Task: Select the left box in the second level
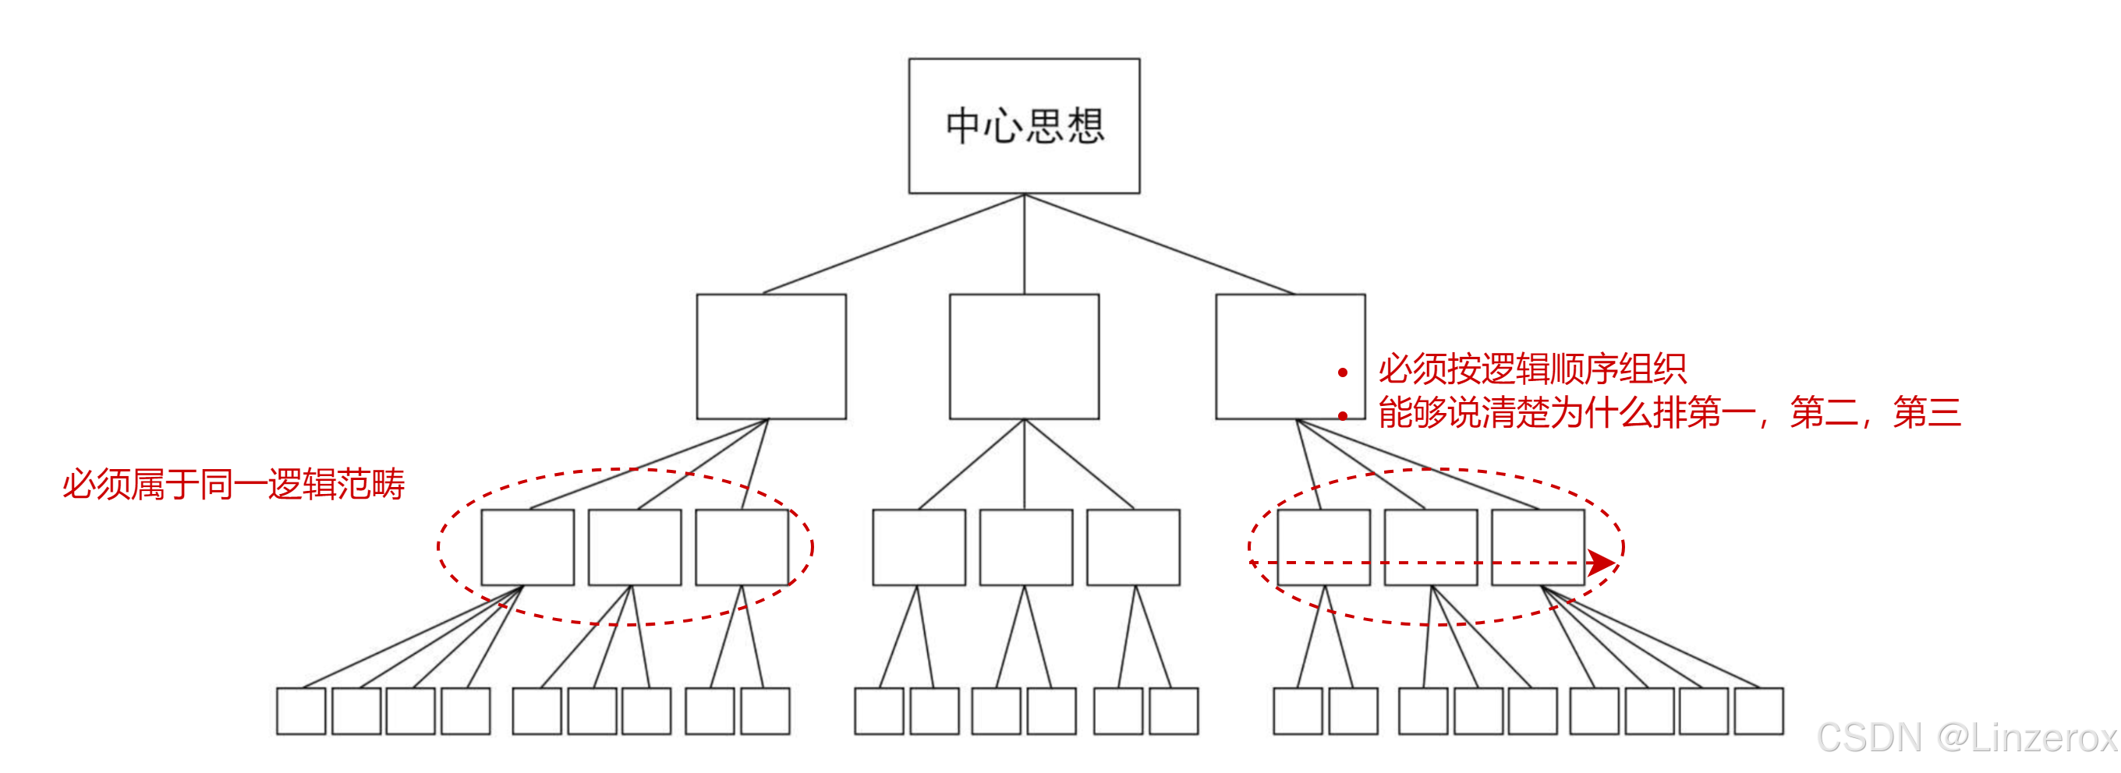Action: tap(770, 356)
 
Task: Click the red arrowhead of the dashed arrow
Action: tap(1601, 563)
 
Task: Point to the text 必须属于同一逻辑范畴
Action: tap(234, 484)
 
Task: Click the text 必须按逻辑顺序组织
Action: tap(1531, 369)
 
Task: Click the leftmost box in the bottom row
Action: tap(300, 711)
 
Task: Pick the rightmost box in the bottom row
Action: tap(1758, 711)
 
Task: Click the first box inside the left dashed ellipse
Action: tap(527, 548)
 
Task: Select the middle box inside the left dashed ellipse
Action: tap(634, 548)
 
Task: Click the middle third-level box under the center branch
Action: tap(1025, 548)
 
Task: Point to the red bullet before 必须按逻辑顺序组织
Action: tap(1343, 373)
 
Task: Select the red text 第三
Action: tap(1927, 412)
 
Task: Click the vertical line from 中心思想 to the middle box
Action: tap(1025, 245)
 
